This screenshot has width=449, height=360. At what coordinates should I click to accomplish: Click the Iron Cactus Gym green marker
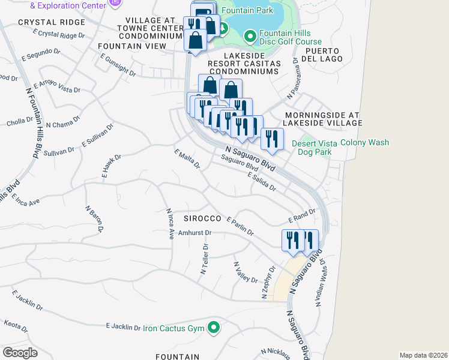[213, 328]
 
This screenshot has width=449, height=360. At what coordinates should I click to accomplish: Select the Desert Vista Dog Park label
[312, 148]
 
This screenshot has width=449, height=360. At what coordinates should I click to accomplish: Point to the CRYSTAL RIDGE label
[43, 22]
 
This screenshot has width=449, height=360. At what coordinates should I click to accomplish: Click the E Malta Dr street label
[187, 159]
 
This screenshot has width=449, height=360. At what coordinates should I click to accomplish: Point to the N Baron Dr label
[93, 219]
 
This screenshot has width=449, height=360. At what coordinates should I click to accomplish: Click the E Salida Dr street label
[261, 181]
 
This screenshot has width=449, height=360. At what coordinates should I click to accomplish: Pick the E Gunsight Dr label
[118, 65]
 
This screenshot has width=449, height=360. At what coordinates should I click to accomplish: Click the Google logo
[20, 353]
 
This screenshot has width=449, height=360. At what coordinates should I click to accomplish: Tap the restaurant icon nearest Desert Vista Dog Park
[272, 139]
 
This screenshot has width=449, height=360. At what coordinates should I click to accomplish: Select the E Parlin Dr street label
[241, 226]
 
